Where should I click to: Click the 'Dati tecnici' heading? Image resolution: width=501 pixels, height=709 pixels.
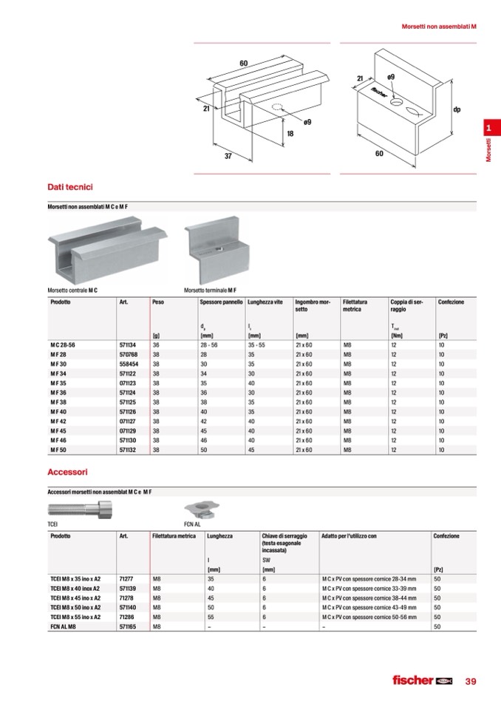tap(69, 188)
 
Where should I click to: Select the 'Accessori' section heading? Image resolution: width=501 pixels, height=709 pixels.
tap(67, 471)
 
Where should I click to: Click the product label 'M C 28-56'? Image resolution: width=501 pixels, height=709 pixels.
tap(64, 345)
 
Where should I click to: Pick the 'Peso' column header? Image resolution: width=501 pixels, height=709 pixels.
tap(158, 302)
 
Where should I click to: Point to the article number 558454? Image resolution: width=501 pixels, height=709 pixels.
tap(129, 364)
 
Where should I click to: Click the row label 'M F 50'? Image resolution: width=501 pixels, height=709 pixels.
tap(58, 450)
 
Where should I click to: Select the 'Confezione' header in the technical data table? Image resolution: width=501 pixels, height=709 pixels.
tap(451, 302)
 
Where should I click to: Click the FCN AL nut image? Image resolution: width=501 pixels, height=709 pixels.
tap(200, 508)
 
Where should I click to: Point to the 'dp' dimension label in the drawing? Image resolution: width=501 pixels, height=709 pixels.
tap(457, 110)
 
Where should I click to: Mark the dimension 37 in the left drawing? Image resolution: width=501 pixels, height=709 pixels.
tap(228, 157)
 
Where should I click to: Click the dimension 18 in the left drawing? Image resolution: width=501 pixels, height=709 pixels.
tap(290, 134)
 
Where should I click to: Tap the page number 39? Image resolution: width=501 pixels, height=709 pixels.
tap(471, 681)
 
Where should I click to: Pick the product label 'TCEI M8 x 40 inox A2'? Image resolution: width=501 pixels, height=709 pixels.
tap(77, 588)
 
